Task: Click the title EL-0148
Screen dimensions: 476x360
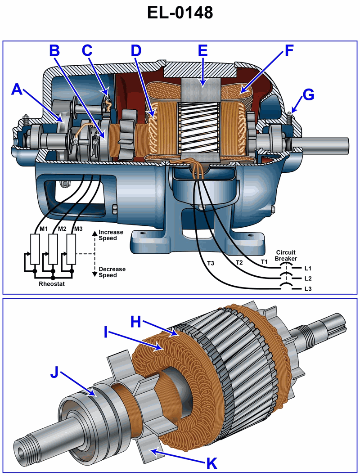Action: click(180, 13)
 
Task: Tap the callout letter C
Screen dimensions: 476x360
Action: click(87, 50)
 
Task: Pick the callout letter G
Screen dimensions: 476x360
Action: click(308, 95)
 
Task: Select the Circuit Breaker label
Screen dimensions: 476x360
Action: click(286, 255)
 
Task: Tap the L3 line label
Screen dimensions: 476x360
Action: click(308, 288)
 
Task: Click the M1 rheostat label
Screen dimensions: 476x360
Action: click(44, 229)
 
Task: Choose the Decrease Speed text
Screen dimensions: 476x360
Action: click(112, 272)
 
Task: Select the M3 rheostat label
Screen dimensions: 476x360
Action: click(78, 229)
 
